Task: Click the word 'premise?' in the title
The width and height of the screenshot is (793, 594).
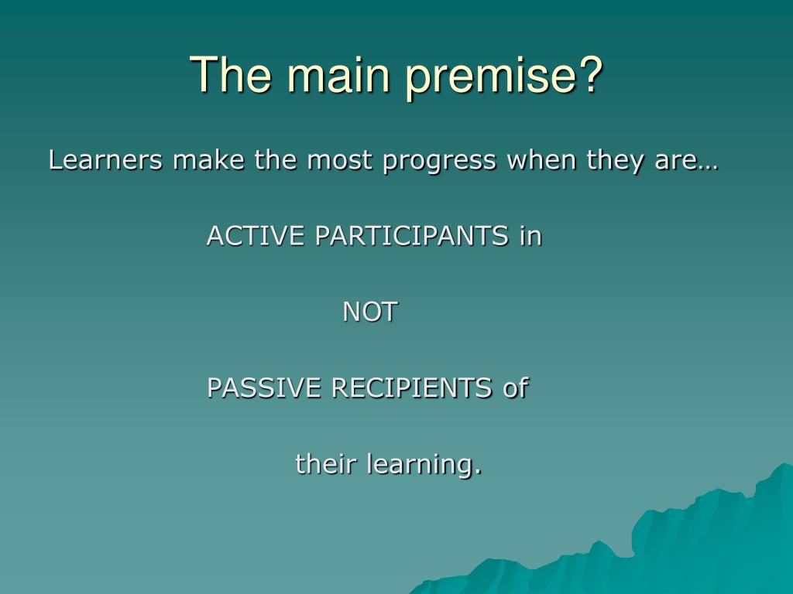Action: click(504, 76)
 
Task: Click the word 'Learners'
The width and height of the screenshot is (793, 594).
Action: click(105, 160)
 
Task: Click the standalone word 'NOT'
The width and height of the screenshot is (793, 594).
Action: click(370, 312)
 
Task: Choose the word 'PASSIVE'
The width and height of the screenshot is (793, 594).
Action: click(264, 388)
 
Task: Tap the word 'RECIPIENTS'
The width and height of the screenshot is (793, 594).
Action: click(411, 388)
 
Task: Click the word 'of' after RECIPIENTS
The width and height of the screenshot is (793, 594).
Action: click(515, 388)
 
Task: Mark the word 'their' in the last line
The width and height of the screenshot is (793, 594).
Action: click(326, 464)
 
